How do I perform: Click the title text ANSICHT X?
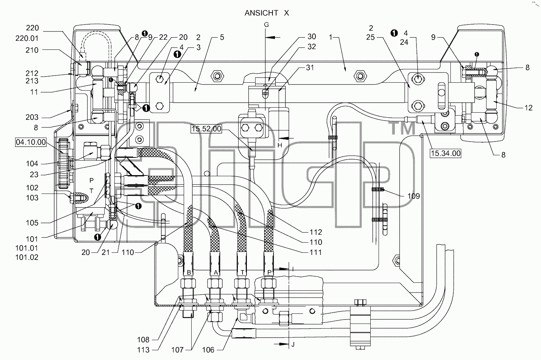coord(267,13)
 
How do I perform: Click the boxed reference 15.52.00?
coord(206,129)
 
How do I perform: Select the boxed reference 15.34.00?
coord(446,153)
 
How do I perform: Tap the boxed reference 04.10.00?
coord(31,142)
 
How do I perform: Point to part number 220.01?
coord(27,38)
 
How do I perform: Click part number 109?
coord(414,196)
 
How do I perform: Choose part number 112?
coord(316,232)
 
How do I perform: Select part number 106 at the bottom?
coord(208,350)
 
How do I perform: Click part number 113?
coord(143,350)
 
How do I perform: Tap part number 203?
coord(32,117)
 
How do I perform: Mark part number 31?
coord(310,68)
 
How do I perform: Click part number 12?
coord(528,108)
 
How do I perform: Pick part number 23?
coord(34,175)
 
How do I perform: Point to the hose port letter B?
coord(189,273)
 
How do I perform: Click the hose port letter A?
coord(216,273)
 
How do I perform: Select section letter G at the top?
coord(266,25)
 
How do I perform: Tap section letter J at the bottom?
coord(293,344)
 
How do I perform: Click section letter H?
coord(280,145)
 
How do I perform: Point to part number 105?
coord(32,223)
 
